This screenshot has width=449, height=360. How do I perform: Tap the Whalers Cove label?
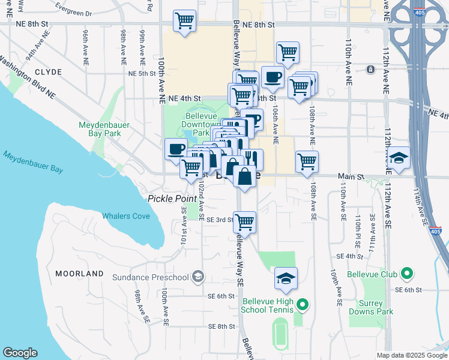[126, 216]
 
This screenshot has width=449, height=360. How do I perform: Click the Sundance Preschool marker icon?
[197, 277]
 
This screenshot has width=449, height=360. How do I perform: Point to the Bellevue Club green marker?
[407, 275]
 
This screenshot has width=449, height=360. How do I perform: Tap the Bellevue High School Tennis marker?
[303, 305]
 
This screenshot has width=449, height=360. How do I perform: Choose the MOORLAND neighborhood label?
[79, 274]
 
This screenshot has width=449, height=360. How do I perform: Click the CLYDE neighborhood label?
[49, 72]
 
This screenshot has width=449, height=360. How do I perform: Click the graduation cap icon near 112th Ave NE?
[399, 158]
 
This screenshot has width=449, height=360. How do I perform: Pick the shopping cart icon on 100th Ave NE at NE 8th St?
[184, 20]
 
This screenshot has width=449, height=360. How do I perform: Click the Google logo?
[20, 353]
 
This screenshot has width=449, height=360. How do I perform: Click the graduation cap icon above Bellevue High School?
[286, 278]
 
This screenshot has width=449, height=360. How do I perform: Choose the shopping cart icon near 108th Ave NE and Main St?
[307, 161]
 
